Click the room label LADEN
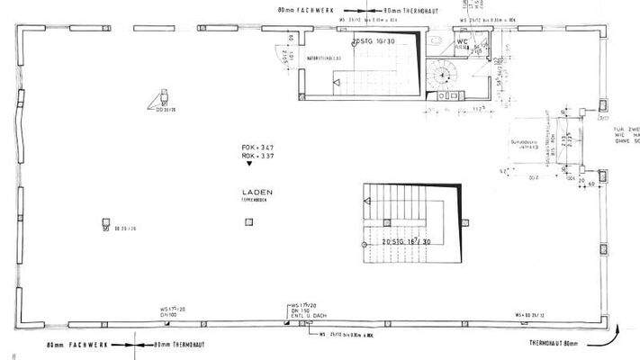point(257,193)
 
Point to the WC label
point(461,40)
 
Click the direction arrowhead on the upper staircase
point(336,84)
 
